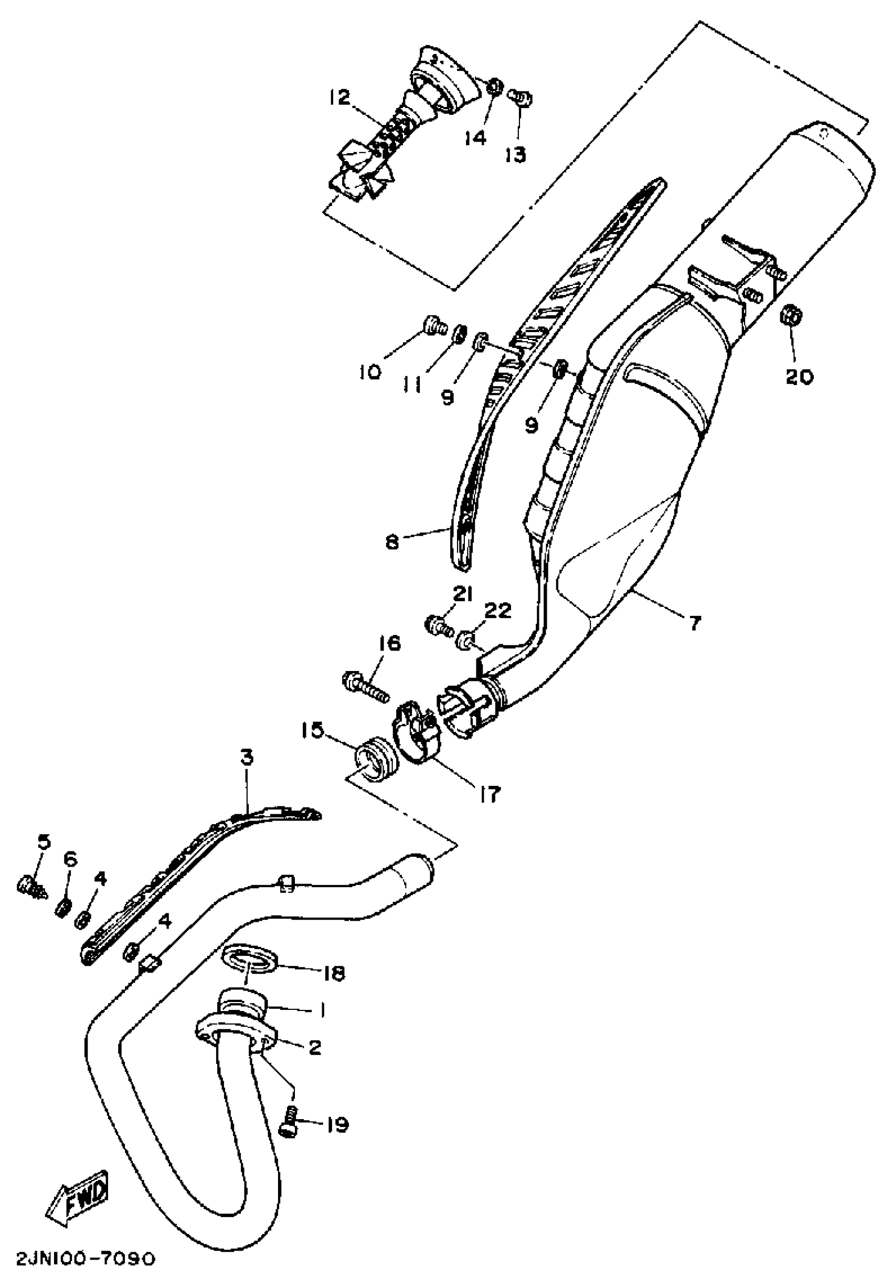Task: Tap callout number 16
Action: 389,643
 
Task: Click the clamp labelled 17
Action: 417,733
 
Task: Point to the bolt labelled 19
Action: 289,1125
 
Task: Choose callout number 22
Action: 497,610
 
